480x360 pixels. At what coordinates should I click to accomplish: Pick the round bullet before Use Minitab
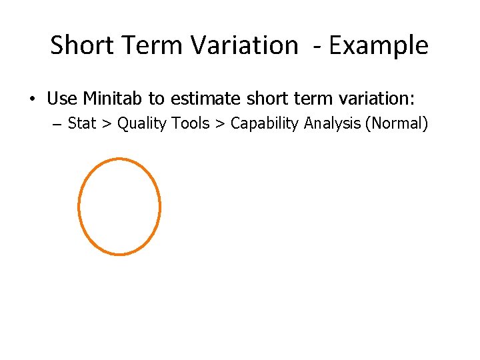point(31,100)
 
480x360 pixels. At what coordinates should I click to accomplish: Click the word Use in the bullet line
point(62,99)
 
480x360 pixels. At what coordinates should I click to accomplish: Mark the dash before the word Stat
point(56,125)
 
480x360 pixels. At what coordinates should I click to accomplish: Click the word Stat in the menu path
point(82,124)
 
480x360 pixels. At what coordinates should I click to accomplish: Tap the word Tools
point(190,124)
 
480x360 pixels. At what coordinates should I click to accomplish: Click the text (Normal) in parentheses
point(394,124)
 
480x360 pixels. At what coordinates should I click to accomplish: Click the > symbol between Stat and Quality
point(107,125)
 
